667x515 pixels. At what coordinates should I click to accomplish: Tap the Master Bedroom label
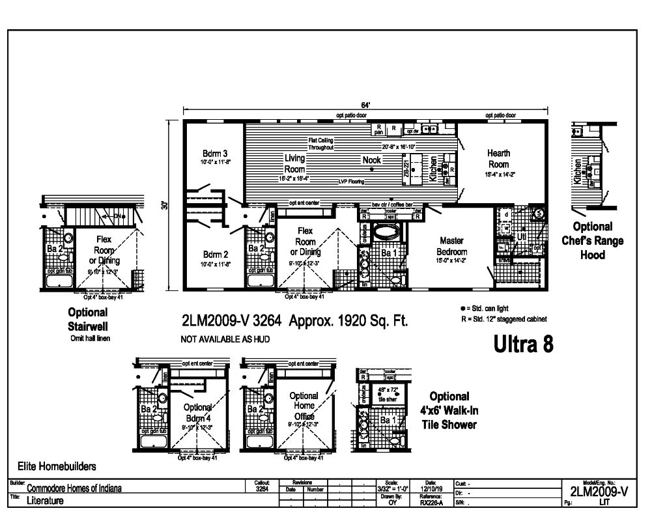coord(451,246)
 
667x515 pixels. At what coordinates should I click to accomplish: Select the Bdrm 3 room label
coord(214,154)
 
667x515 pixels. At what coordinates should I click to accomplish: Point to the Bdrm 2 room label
coord(214,254)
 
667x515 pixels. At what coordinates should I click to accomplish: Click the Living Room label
coord(294,163)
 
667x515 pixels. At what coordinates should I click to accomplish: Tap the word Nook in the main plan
coord(371,160)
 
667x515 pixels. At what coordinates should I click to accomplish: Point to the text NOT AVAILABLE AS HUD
coord(225,339)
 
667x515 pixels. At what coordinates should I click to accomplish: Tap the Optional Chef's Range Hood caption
coord(592,241)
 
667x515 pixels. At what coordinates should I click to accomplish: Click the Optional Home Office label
coord(304,406)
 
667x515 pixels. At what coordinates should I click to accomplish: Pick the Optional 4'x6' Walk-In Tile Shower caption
coord(449,410)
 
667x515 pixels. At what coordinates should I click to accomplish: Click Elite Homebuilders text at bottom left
coord(57,466)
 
